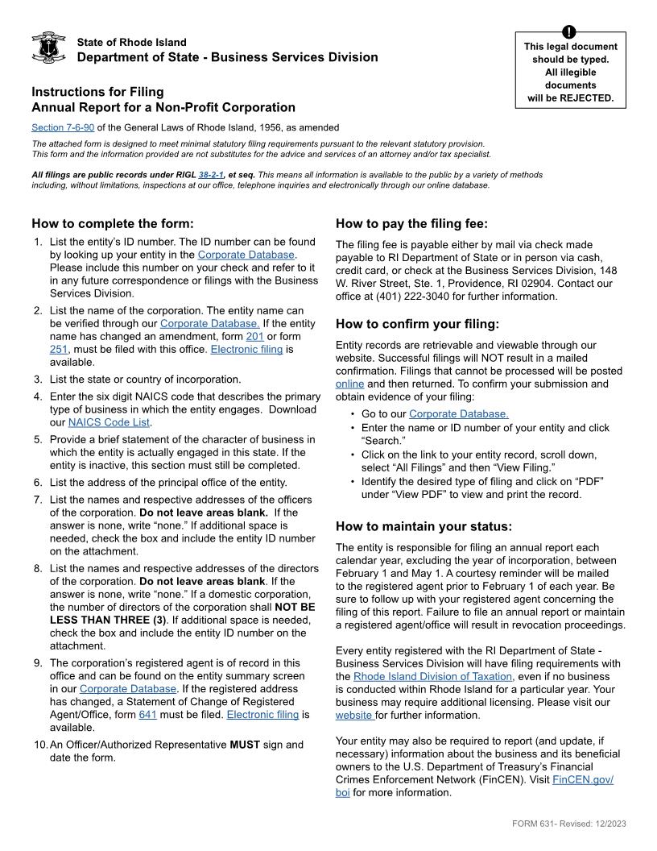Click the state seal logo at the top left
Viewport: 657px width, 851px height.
48,49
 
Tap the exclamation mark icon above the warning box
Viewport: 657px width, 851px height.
570,31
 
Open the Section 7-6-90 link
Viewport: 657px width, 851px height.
63,127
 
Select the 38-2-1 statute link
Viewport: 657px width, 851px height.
213,174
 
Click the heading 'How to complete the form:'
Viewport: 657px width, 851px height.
113,224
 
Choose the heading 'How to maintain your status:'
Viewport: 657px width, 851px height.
424,527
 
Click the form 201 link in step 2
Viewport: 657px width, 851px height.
254,336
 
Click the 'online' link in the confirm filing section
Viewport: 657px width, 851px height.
349,384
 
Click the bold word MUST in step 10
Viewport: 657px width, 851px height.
245,745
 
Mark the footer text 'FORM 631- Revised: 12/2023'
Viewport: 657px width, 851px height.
568,823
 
